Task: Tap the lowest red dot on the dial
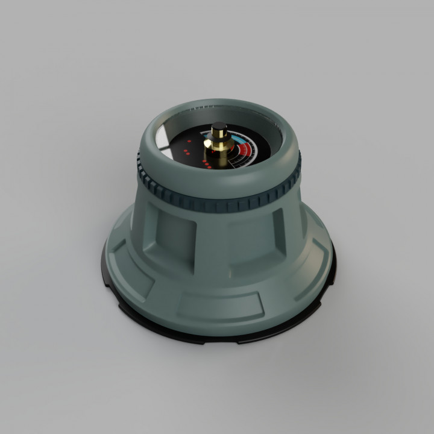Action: coord(207,167)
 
